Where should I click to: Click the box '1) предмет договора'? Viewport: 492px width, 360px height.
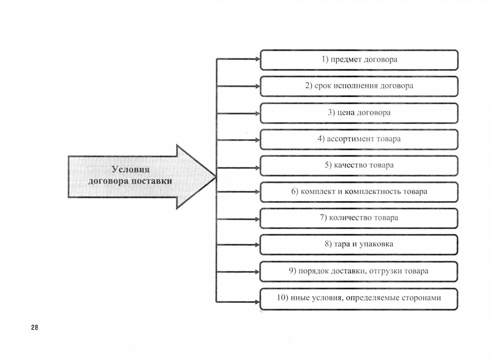click(x=359, y=60)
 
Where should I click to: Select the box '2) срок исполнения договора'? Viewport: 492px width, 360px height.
click(x=359, y=86)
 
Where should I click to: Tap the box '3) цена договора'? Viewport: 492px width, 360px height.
click(x=359, y=113)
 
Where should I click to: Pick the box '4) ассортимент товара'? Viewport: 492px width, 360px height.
click(x=359, y=139)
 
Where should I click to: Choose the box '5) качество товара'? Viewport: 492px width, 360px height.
click(x=359, y=165)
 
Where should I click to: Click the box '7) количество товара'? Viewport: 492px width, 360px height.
click(x=359, y=218)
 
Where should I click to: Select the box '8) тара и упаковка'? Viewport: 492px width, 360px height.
click(x=359, y=244)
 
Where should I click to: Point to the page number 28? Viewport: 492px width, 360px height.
click(x=35, y=328)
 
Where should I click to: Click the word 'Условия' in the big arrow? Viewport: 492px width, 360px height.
click(x=130, y=170)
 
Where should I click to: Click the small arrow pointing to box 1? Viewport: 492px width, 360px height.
click(x=257, y=59)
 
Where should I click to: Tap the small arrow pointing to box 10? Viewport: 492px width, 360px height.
click(x=257, y=302)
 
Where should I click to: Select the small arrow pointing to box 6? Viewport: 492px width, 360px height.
click(x=257, y=192)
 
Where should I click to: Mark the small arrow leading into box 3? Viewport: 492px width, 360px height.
click(x=257, y=114)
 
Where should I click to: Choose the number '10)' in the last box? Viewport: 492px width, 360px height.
click(x=282, y=298)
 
